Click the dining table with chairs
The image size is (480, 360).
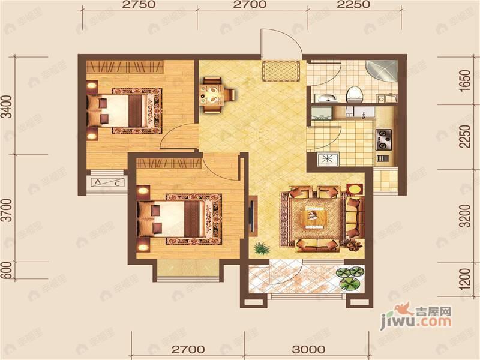pos(211,94)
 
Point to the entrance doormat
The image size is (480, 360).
pos(282,71)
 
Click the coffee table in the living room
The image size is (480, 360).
pos(314,217)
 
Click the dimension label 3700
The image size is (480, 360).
pos(7,211)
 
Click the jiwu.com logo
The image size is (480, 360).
pos(420,316)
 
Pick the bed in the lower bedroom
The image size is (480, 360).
pos(177,218)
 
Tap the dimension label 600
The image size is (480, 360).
pos(7,273)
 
